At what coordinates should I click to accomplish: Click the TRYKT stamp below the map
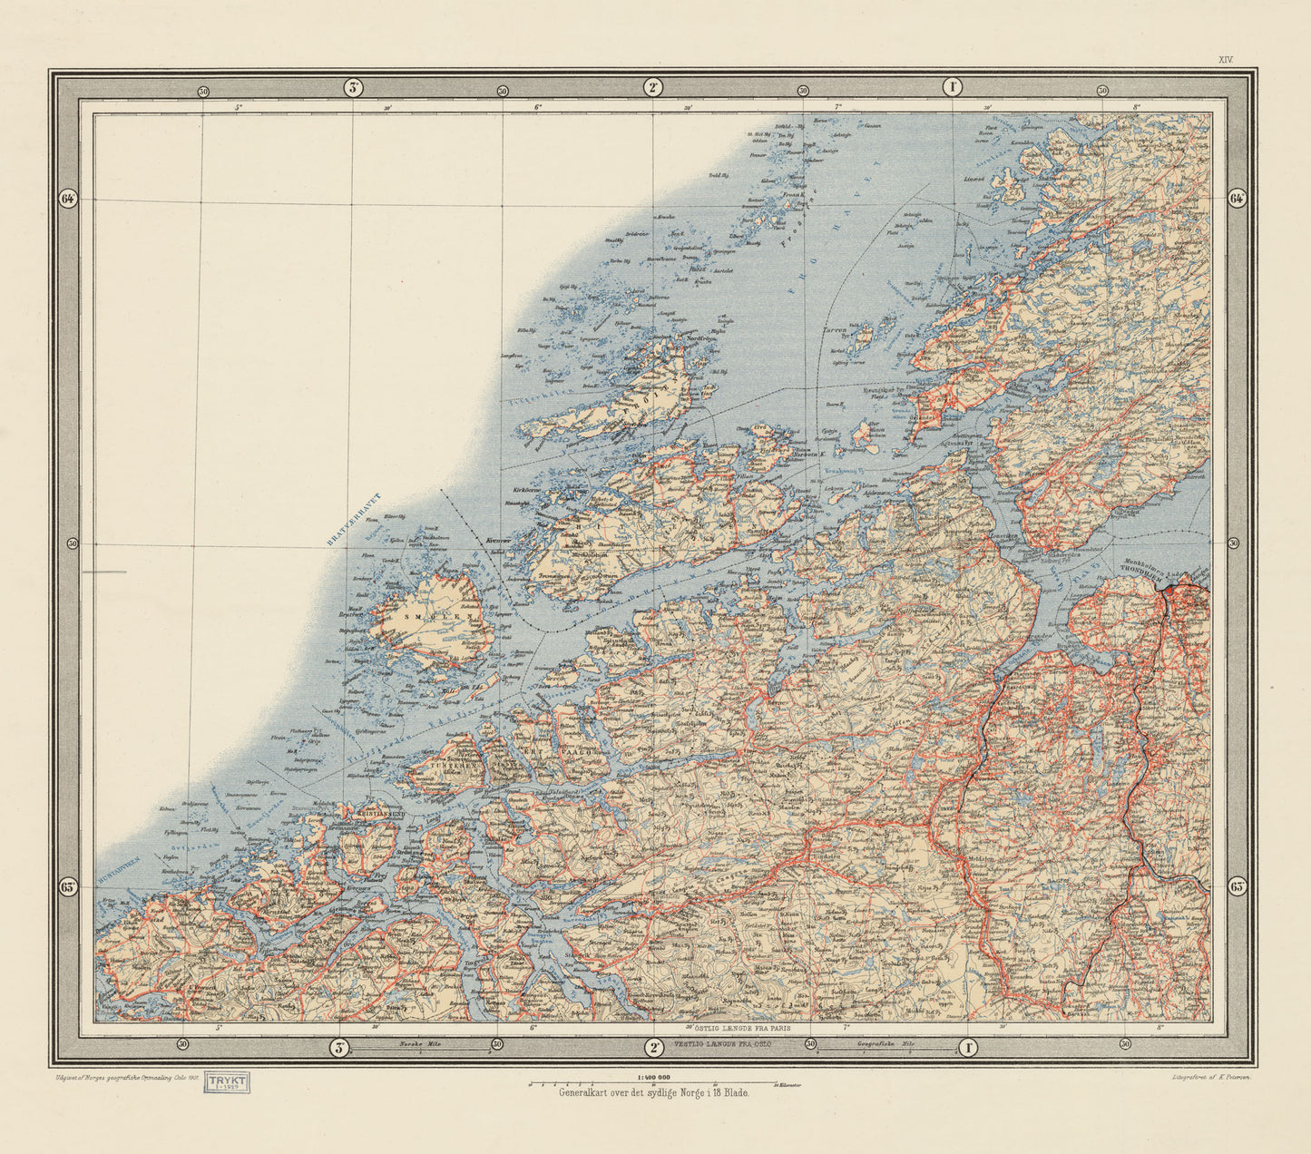click(228, 1082)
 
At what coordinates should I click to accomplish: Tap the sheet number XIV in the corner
click(1226, 59)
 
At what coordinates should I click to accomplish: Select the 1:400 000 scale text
click(653, 1077)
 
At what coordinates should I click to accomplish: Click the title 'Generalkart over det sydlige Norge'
click(653, 1093)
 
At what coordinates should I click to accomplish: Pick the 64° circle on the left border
click(67, 200)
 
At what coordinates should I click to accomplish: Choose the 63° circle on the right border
click(1238, 886)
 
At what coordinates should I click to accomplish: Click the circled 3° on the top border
click(353, 88)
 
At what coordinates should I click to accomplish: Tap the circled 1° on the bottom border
click(968, 1048)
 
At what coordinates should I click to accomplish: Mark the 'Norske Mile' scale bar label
click(418, 1044)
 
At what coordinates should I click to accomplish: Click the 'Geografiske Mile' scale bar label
click(885, 1045)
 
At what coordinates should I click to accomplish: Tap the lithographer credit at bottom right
click(1209, 1076)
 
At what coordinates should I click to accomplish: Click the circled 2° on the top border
click(652, 88)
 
